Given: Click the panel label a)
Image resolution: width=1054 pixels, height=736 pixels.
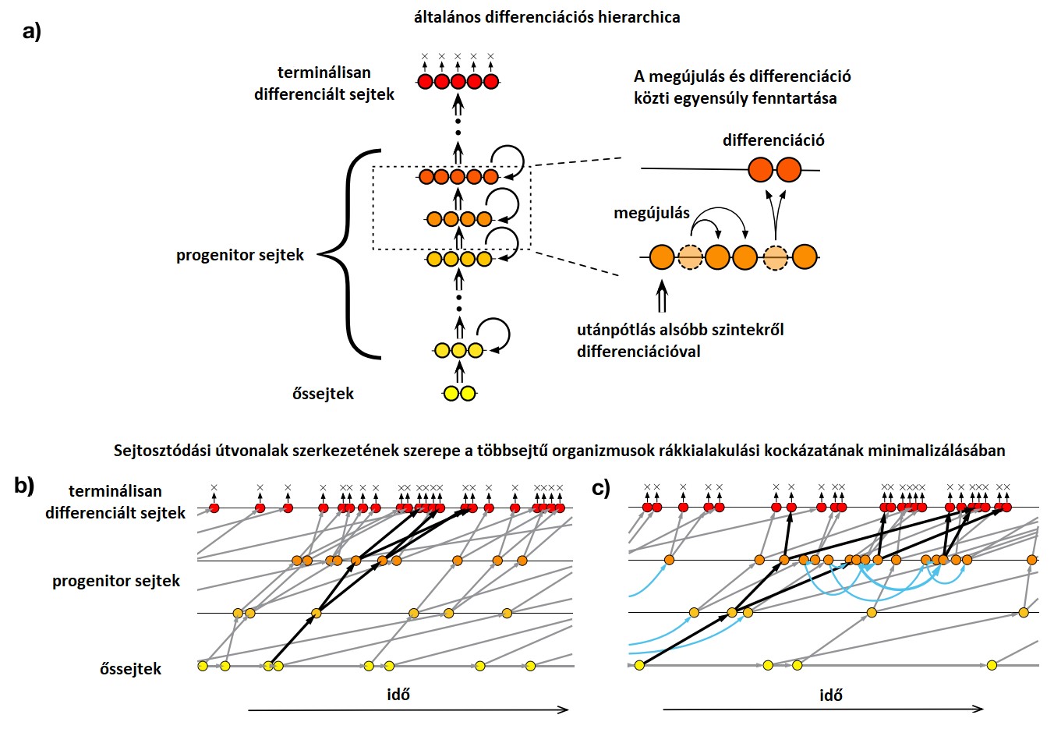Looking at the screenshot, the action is point(31,32).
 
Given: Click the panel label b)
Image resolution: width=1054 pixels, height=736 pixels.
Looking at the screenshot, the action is point(24,486).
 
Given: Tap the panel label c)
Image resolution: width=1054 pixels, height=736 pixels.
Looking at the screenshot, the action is point(601,488).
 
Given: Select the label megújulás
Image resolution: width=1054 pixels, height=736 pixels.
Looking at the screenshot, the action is point(652,213).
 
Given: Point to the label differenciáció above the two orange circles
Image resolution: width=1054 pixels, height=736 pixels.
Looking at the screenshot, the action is point(773,140).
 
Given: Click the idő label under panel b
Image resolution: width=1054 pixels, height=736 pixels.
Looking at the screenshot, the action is point(398,695).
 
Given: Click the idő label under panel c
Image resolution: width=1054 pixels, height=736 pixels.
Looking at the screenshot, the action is point(830,695).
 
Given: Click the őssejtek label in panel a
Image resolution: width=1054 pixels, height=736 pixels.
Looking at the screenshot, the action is point(323,394).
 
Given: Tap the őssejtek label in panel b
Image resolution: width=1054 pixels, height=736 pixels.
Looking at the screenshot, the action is point(130,669).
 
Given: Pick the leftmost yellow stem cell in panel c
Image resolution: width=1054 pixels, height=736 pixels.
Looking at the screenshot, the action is point(639,665).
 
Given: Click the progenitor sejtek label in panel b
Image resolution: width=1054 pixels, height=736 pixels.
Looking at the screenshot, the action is point(115,581).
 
